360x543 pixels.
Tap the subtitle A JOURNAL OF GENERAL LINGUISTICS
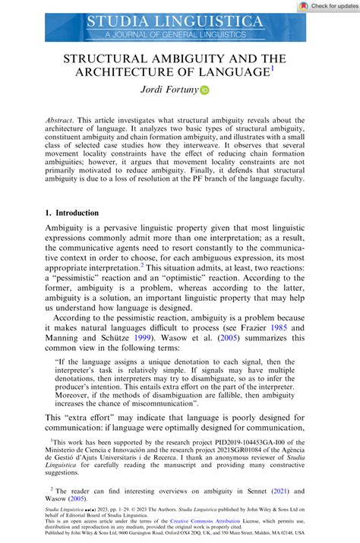[x=175, y=34]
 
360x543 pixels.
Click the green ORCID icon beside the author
[x=204, y=90]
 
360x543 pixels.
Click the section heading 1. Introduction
[x=80, y=215]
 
